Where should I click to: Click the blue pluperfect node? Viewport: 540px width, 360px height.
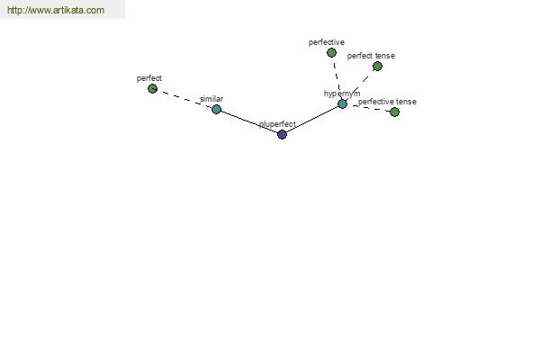click(x=282, y=134)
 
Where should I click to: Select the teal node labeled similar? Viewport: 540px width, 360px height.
click(x=216, y=110)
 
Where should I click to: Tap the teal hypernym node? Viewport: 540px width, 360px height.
click(x=342, y=103)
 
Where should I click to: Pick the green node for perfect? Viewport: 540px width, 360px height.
click(x=152, y=89)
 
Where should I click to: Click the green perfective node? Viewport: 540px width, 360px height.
click(x=331, y=53)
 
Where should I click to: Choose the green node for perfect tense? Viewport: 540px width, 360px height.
click(x=377, y=66)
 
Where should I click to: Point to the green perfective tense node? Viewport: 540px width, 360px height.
click(x=395, y=112)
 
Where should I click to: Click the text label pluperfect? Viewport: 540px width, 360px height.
click(x=277, y=124)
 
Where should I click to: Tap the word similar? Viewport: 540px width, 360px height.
click(x=211, y=99)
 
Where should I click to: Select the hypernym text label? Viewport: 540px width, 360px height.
click(x=342, y=94)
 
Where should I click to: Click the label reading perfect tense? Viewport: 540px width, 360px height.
click(x=371, y=56)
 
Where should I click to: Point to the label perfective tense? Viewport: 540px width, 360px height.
click(x=387, y=102)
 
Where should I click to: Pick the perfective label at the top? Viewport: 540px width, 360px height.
click(x=327, y=42)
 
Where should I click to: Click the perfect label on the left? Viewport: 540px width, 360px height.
click(x=149, y=78)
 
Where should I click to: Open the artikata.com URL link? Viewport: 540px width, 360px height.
click(x=56, y=10)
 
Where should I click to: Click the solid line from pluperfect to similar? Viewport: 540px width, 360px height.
click(x=249, y=122)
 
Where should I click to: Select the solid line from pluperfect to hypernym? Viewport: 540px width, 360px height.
click(x=312, y=119)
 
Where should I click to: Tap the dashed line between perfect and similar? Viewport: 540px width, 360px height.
click(x=184, y=99)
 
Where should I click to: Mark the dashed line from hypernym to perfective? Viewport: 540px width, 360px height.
click(x=337, y=78)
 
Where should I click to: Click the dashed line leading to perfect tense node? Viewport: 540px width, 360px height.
click(x=360, y=85)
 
